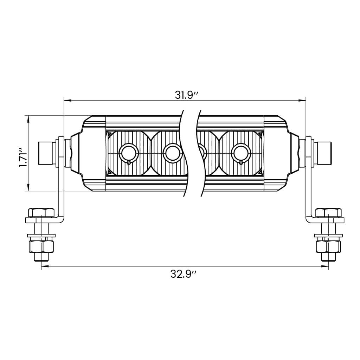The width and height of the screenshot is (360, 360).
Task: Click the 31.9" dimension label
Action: click(x=187, y=95)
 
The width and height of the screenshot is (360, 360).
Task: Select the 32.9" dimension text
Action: click(x=183, y=274)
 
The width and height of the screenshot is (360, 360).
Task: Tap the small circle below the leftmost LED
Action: click(x=129, y=162)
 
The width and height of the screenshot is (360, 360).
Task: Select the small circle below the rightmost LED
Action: click(x=241, y=162)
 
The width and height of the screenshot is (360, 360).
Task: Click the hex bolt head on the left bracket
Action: click(x=41, y=213)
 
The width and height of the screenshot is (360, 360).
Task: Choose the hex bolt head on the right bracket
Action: click(x=328, y=213)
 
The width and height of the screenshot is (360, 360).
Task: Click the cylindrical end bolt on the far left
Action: click(x=45, y=153)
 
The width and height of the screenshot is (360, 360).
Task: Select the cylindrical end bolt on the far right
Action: click(x=324, y=153)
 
